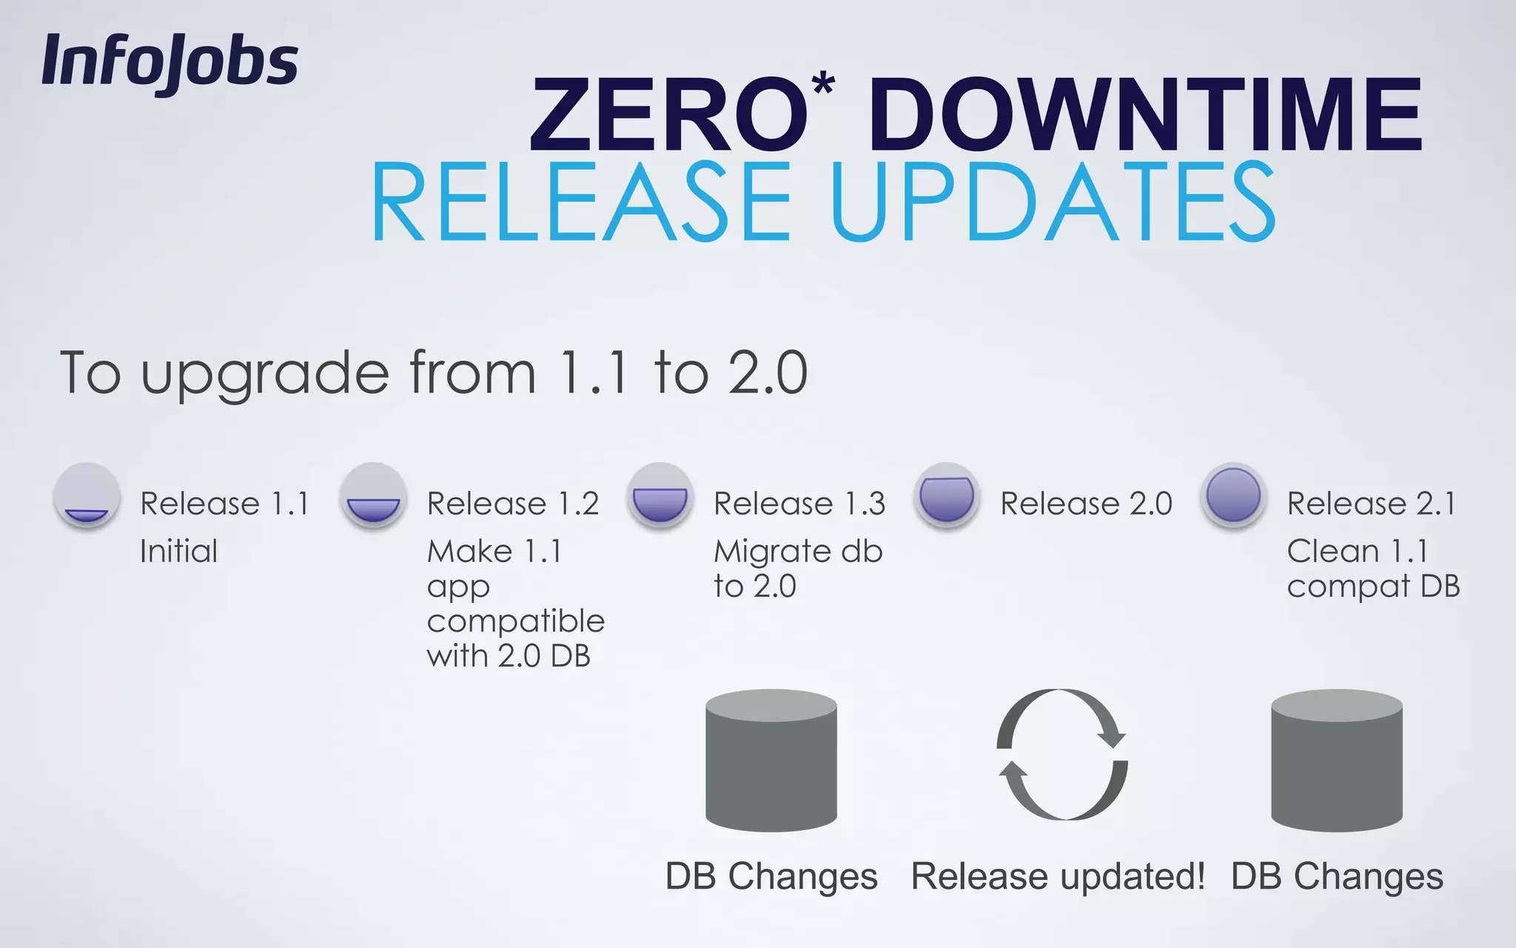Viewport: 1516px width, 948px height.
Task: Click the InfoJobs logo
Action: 170,62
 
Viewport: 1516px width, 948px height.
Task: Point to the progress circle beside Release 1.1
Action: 87,495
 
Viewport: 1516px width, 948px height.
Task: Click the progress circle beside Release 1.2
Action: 373,495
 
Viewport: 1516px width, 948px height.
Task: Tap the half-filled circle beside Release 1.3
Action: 660,495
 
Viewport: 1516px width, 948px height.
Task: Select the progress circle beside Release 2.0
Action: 946,495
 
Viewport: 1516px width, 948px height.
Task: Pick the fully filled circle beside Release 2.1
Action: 1233,495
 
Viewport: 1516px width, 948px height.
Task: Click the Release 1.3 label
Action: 799,504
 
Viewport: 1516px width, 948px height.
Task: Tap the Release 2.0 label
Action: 1086,504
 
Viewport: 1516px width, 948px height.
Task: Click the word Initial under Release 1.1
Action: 178,551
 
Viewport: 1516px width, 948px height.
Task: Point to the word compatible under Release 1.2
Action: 515,621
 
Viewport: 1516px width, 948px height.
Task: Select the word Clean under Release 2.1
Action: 1332,551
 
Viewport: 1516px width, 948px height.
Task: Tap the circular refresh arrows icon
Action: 1062,754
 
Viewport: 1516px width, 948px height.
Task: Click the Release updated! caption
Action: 1058,877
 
